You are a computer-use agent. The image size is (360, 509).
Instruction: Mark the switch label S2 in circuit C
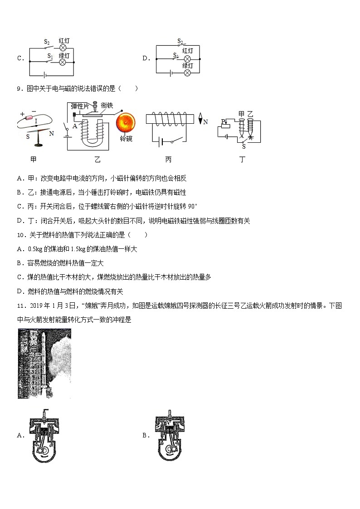(47, 42)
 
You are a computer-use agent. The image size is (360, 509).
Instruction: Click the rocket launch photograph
(44, 364)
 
